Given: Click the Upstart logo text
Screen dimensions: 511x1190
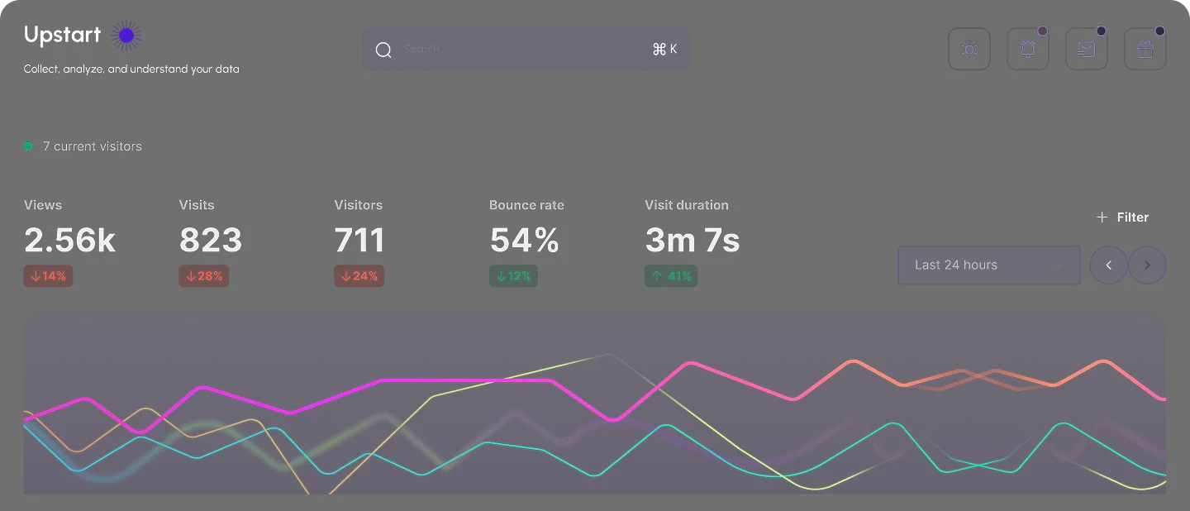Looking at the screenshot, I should point(62,35).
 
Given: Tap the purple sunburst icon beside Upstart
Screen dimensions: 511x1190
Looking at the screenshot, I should point(126,35).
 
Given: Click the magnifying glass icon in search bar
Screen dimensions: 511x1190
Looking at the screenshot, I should point(383,50).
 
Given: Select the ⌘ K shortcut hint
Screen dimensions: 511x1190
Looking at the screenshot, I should point(664,49).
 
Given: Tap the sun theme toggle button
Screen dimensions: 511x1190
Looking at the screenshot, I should point(969,50).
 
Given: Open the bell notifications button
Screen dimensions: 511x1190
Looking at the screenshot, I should point(1028,50).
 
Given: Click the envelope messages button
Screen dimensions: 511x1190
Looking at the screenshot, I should point(1087,50).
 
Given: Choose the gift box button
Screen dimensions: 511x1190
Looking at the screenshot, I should point(1145,50).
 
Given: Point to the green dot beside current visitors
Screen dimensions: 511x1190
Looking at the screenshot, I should point(28,146).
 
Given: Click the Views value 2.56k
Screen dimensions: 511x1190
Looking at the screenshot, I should point(69,241).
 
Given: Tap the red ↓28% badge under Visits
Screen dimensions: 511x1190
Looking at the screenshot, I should point(204,276).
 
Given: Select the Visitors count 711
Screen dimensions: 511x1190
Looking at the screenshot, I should point(359,241).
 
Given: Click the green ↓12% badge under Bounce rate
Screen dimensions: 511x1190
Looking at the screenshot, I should point(513,276).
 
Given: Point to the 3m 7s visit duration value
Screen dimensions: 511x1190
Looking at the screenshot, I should point(692,241).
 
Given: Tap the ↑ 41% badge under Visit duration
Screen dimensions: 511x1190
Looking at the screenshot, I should point(671,276).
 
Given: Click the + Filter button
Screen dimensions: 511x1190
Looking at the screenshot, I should point(1122,217).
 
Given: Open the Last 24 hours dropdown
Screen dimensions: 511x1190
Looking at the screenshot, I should point(988,265).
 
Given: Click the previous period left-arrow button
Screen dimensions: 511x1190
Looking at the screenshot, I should point(1109,265).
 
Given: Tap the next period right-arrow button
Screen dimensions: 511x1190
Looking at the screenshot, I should point(1147,265).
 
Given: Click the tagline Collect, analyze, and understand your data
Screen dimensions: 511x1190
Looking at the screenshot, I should point(131,69).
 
